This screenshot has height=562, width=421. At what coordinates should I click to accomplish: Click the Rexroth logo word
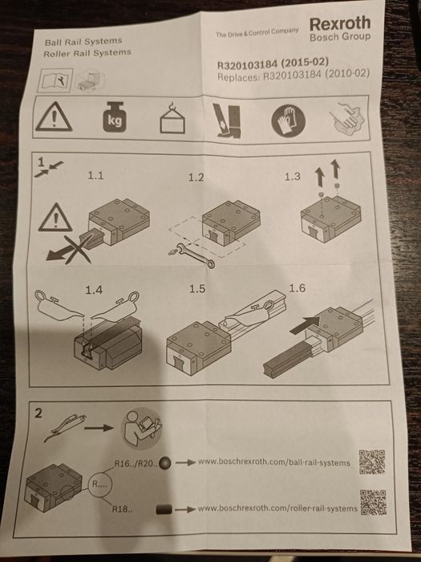click(x=340, y=23)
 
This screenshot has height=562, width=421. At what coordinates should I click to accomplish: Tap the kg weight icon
click(x=115, y=117)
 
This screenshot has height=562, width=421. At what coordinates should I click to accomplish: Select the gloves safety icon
click(x=288, y=120)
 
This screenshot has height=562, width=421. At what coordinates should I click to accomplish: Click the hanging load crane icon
click(x=172, y=117)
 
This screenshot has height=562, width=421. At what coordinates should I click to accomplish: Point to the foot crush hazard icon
click(x=227, y=120)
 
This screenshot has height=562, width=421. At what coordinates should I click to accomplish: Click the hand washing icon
click(x=347, y=119)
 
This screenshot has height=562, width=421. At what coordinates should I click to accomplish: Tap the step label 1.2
click(x=196, y=177)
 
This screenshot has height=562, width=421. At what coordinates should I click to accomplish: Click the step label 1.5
click(x=197, y=289)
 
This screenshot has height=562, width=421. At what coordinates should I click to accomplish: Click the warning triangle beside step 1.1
click(x=55, y=218)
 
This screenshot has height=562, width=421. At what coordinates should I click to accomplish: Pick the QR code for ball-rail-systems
click(x=372, y=462)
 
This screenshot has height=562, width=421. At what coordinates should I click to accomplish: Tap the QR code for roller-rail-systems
click(x=373, y=502)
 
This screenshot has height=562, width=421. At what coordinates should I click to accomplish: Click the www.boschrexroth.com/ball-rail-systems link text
click(x=274, y=462)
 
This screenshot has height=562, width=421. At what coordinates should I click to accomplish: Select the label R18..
click(x=122, y=509)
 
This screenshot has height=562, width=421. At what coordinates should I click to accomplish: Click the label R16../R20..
click(x=136, y=463)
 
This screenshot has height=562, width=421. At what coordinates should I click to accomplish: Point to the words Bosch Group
click(x=340, y=37)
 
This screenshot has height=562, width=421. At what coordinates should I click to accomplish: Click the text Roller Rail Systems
click(x=87, y=54)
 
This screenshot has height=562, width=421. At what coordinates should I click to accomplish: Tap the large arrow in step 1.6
click(x=305, y=325)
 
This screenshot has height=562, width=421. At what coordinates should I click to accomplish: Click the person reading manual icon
click(x=142, y=428)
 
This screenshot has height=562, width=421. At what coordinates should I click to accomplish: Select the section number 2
click(x=38, y=413)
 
